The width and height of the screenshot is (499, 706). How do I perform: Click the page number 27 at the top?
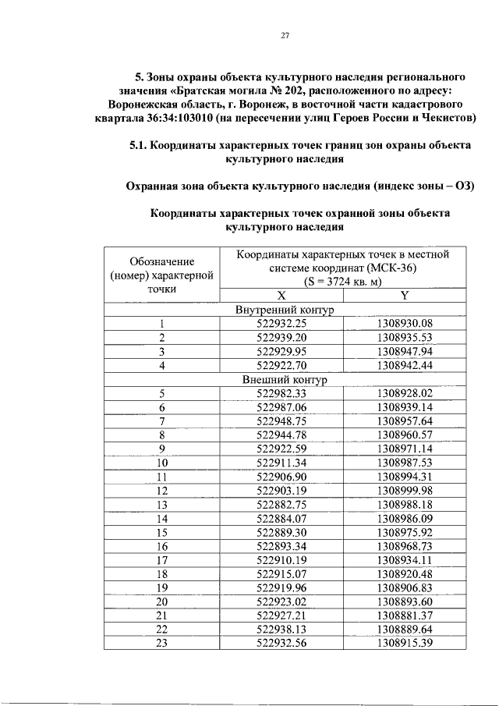pyautogui.click(x=285, y=35)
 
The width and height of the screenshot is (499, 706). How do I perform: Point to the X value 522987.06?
pyautogui.click(x=281, y=409)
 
